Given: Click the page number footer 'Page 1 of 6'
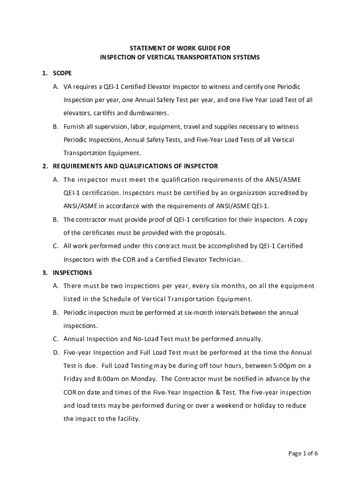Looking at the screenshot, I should pos(303,453).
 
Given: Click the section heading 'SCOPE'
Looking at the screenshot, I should pos(62,73).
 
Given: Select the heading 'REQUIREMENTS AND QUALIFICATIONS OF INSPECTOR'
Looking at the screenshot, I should pos(135,166).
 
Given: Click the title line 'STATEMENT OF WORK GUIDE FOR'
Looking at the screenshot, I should pos(180,48).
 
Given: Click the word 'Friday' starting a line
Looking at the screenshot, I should pos(73,379).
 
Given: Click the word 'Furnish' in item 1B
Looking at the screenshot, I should pos(74,127).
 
